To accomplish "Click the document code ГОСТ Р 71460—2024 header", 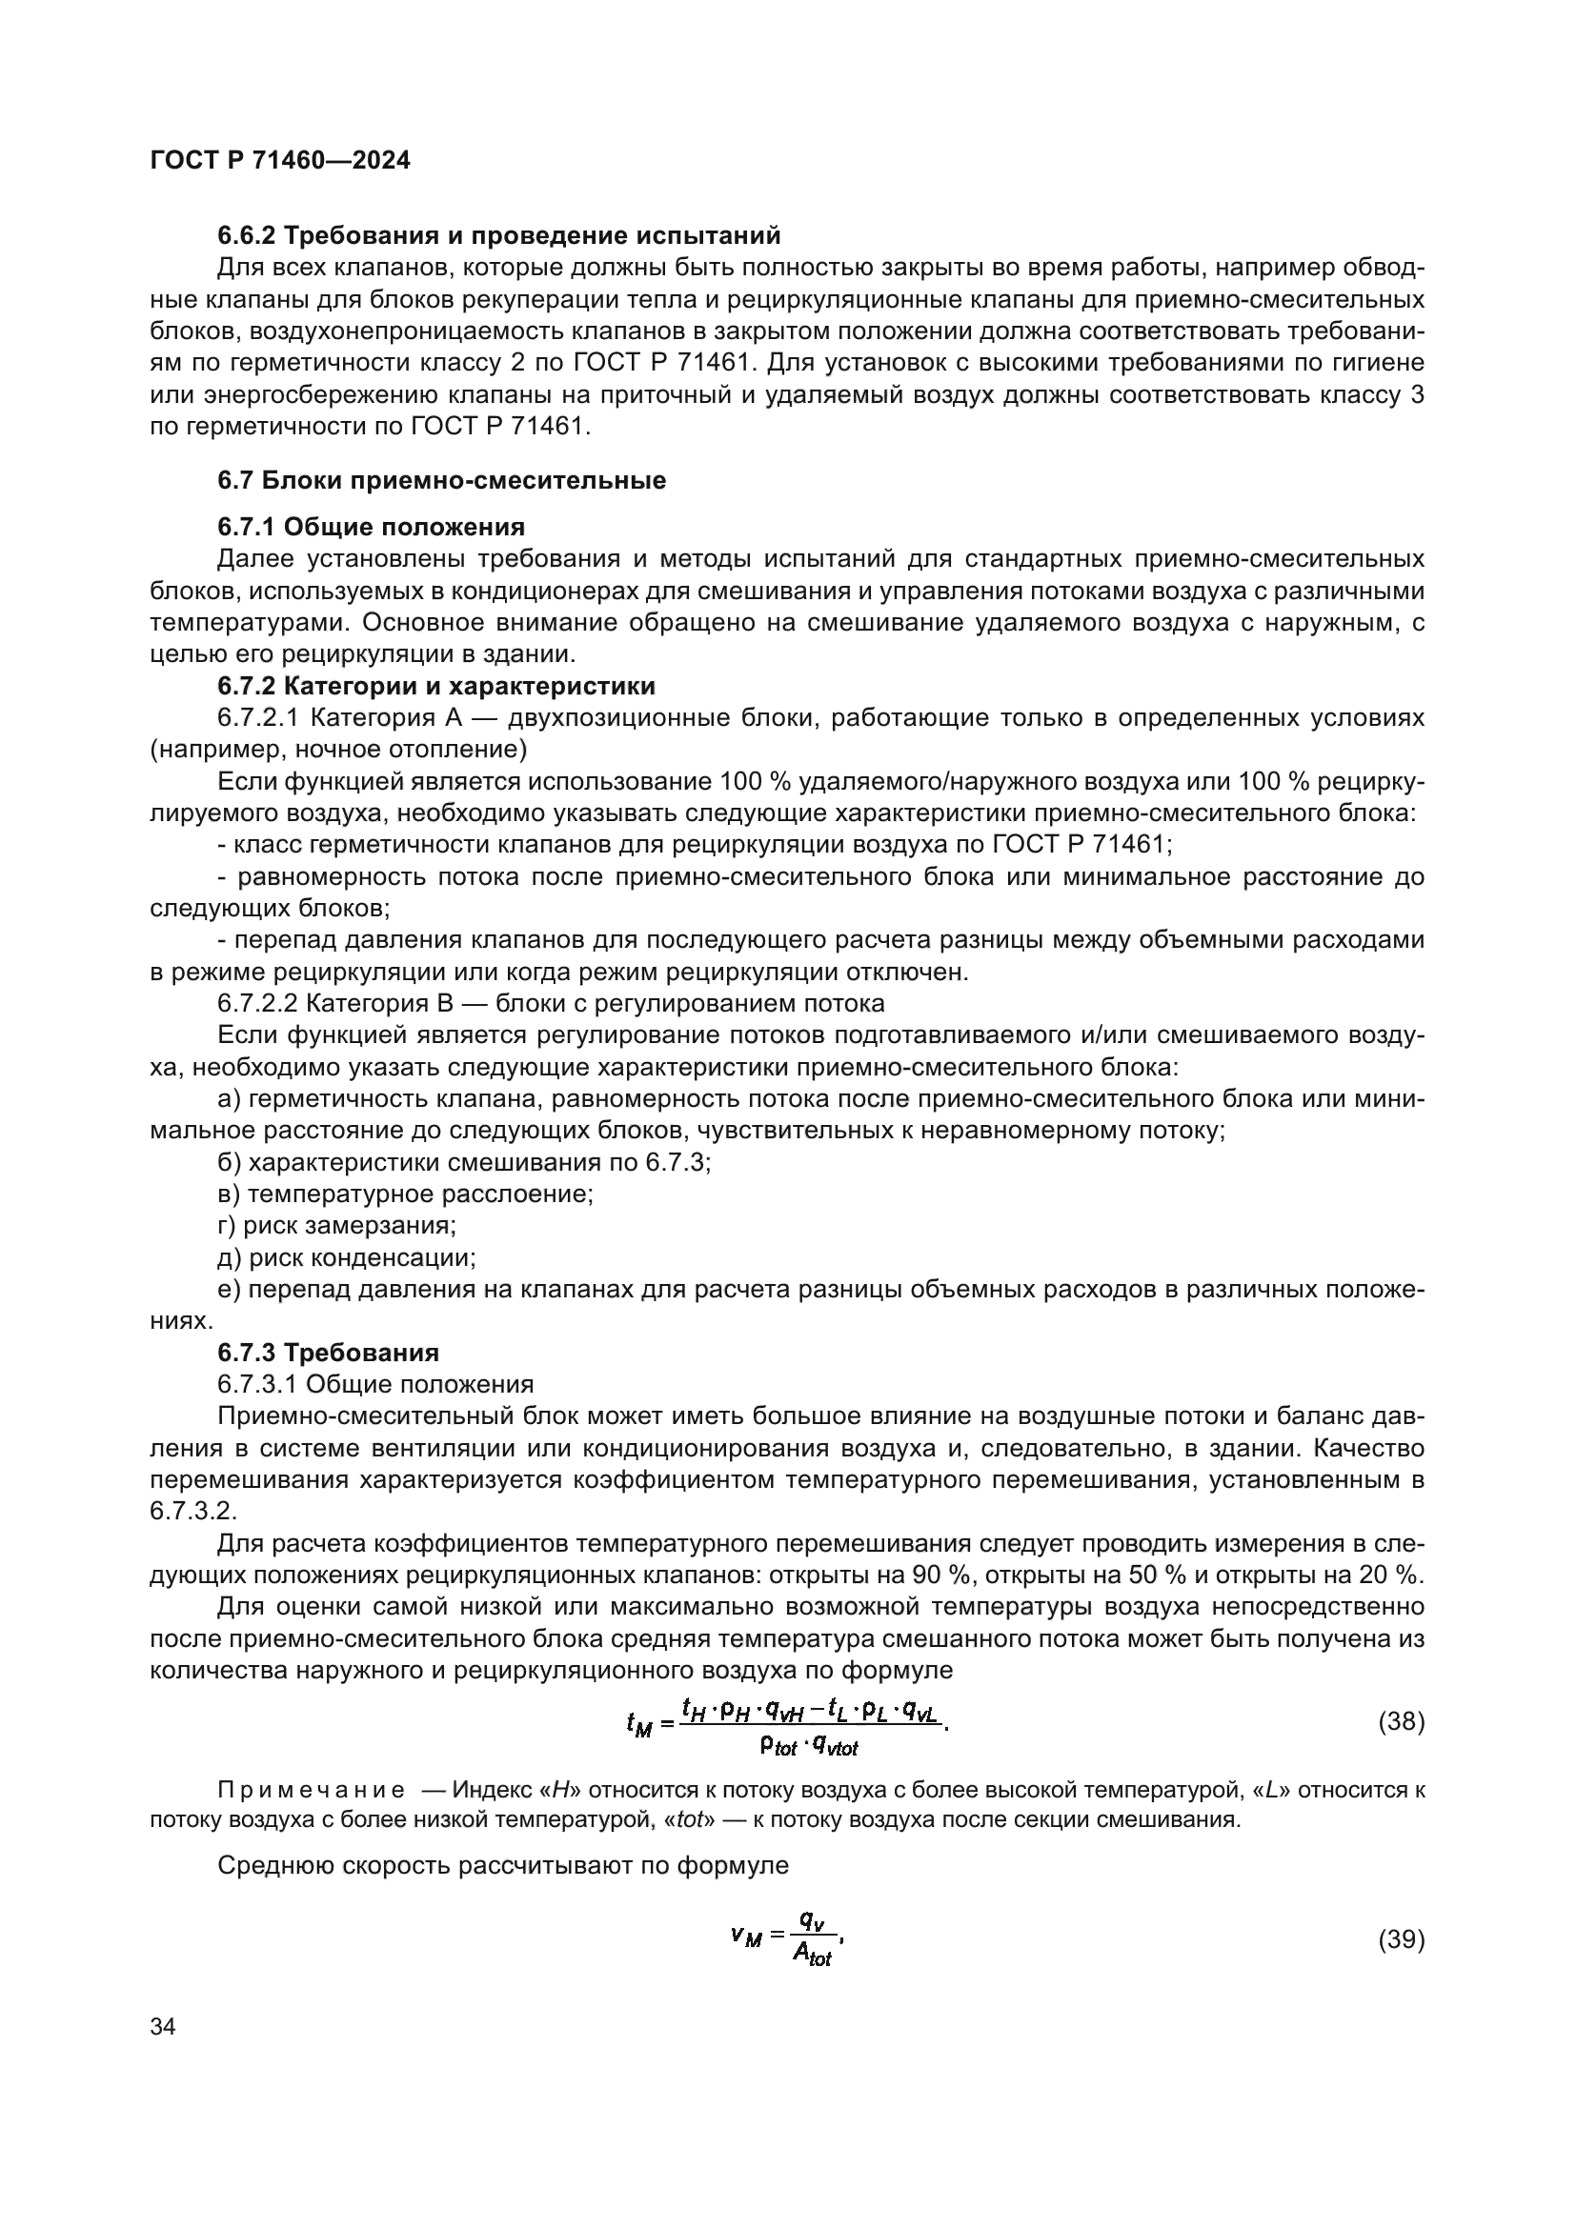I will click(x=279, y=160).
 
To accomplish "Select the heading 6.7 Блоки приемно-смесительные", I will click(x=441, y=480).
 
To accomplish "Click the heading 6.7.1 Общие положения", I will click(x=371, y=527).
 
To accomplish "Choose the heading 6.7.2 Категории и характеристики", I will click(x=435, y=686).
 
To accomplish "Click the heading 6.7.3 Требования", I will click(x=328, y=1352).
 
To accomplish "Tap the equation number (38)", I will click(x=1401, y=1721).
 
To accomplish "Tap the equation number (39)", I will click(x=1401, y=1938).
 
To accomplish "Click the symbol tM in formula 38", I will click(x=638, y=1724).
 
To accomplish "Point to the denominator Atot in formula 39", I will click(x=811, y=1956).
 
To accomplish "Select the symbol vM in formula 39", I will click(x=745, y=1937).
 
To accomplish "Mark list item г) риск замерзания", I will click(x=336, y=1225).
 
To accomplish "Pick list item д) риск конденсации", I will click(x=347, y=1257).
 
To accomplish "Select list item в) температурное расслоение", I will click(x=405, y=1194).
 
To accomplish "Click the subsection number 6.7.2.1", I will click(x=257, y=718).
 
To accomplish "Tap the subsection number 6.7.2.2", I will click(x=257, y=1002).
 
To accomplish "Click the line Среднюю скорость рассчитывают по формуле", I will click(x=503, y=1865).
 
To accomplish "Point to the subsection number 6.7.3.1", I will click(x=257, y=1384).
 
